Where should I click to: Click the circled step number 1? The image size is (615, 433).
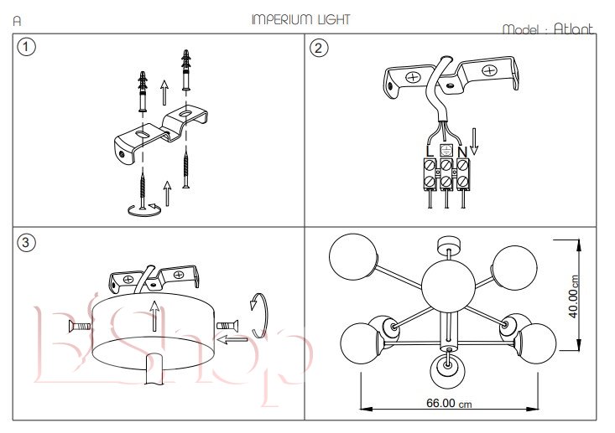pyautogui.click(x=28, y=48)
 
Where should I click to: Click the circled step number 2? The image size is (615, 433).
pyautogui.click(x=319, y=48)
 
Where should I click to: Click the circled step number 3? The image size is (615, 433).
pyautogui.click(x=28, y=243)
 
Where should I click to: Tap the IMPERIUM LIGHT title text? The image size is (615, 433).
pyautogui.click(x=300, y=19)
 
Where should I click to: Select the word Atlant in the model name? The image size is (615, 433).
pyautogui.click(x=573, y=28)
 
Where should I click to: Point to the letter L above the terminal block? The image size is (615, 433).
pyautogui.click(x=430, y=151)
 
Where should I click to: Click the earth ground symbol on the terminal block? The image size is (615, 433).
pyautogui.click(x=446, y=150)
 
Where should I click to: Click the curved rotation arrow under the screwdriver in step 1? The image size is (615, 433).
pyautogui.click(x=142, y=209)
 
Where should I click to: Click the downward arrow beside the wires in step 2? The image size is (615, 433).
pyautogui.click(x=474, y=140)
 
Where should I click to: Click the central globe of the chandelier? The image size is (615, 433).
pyautogui.click(x=446, y=286)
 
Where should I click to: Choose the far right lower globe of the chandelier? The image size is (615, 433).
pyautogui.click(x=534, y=342)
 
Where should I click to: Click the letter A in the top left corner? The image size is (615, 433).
pyautogui.click(x=18, y=19)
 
